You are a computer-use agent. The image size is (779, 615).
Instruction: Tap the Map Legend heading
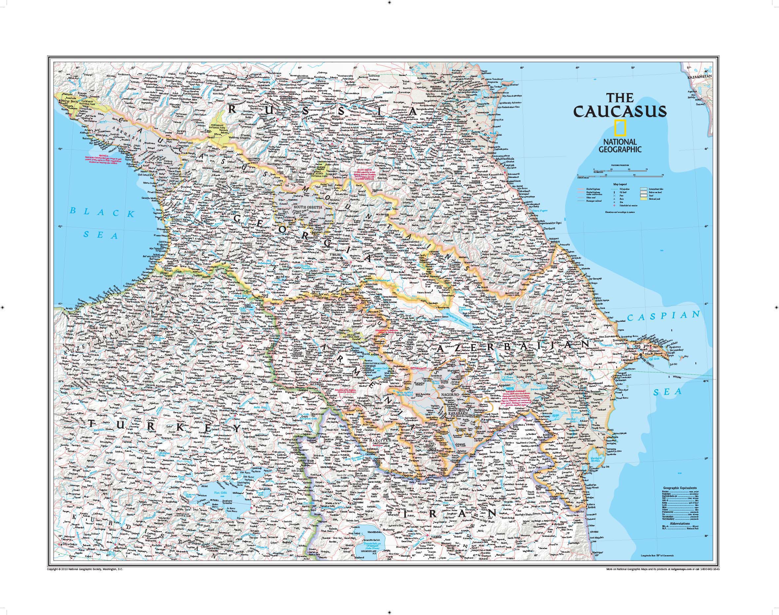(x=620, y=184)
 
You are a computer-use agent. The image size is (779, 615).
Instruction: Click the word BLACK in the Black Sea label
(x=103, y=212)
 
